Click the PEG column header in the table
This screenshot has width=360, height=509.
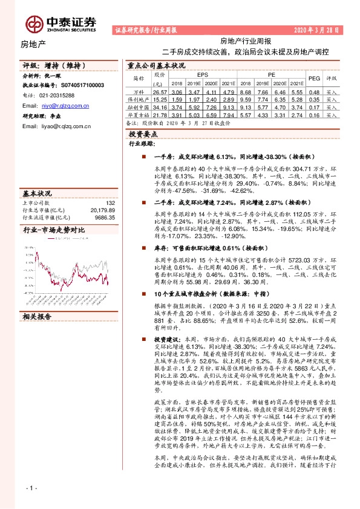coord(314,78)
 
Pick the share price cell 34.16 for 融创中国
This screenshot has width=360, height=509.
coord(159,105)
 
